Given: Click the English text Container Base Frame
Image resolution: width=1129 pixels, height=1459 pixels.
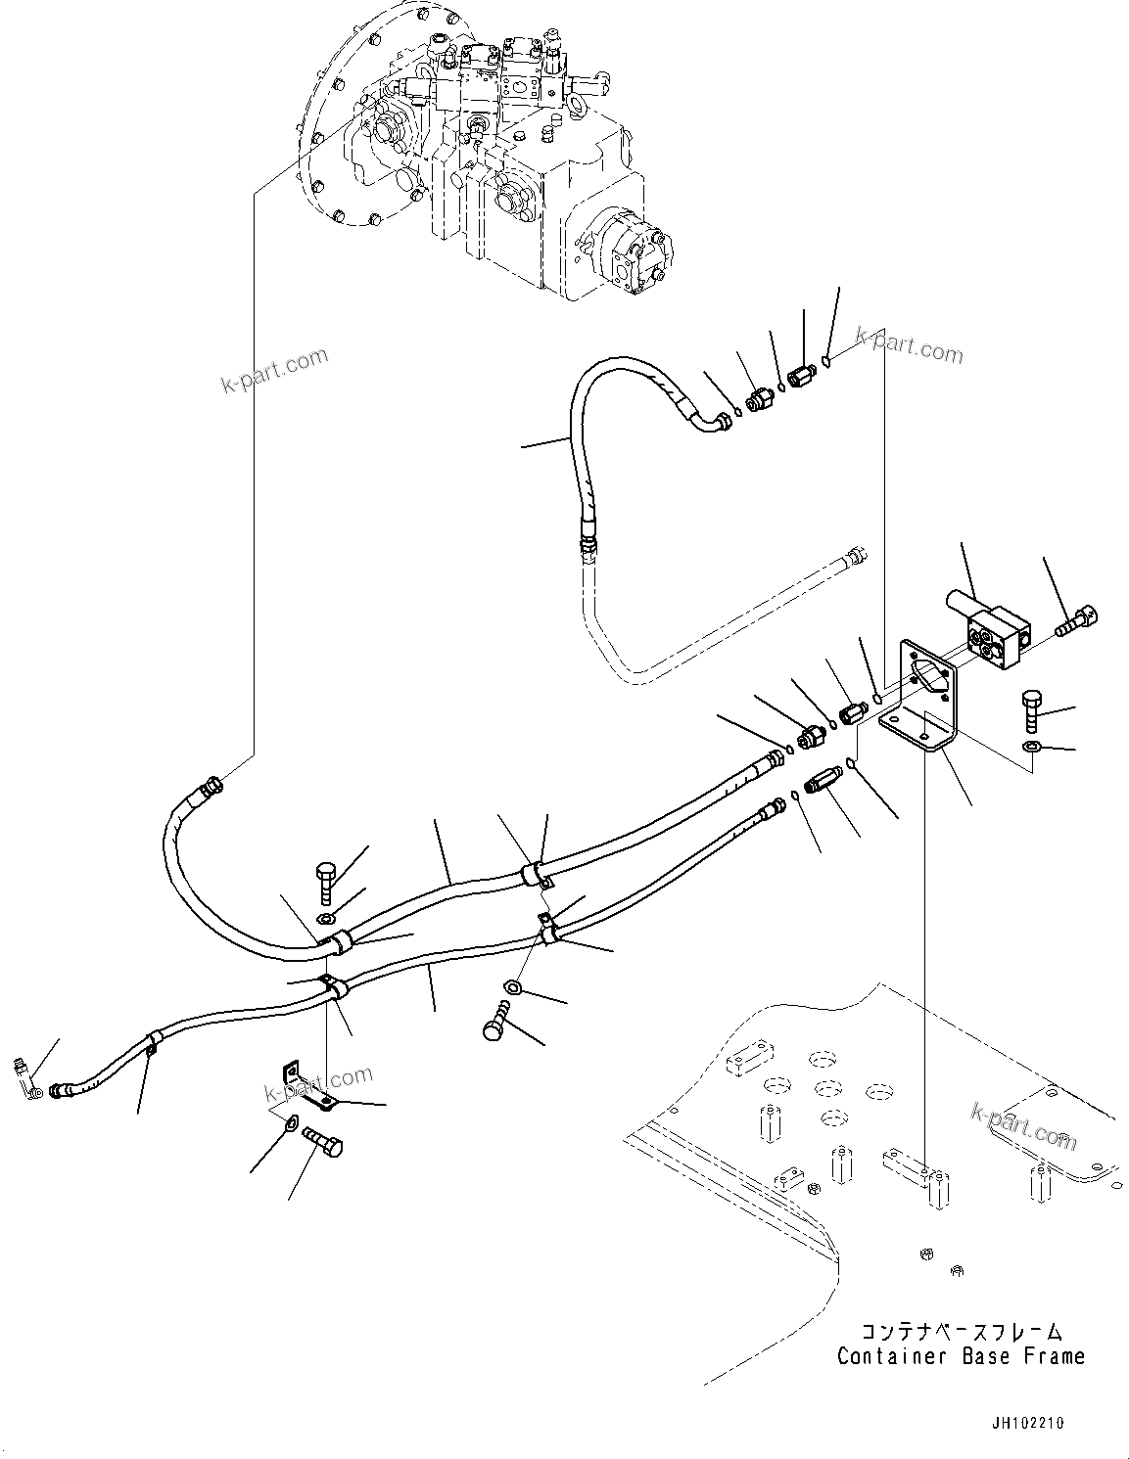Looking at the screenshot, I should (x=961, y=1356).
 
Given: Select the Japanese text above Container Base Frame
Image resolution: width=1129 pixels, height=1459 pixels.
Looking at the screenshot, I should (x=961, y=1332).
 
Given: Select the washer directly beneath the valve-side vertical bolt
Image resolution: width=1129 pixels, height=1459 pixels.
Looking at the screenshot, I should (x=1032, y=749).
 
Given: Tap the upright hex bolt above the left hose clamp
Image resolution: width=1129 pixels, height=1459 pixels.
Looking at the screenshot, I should (x=326, y=881).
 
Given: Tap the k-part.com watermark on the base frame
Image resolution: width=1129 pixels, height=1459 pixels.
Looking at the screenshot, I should (x=1023, y=1123).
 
